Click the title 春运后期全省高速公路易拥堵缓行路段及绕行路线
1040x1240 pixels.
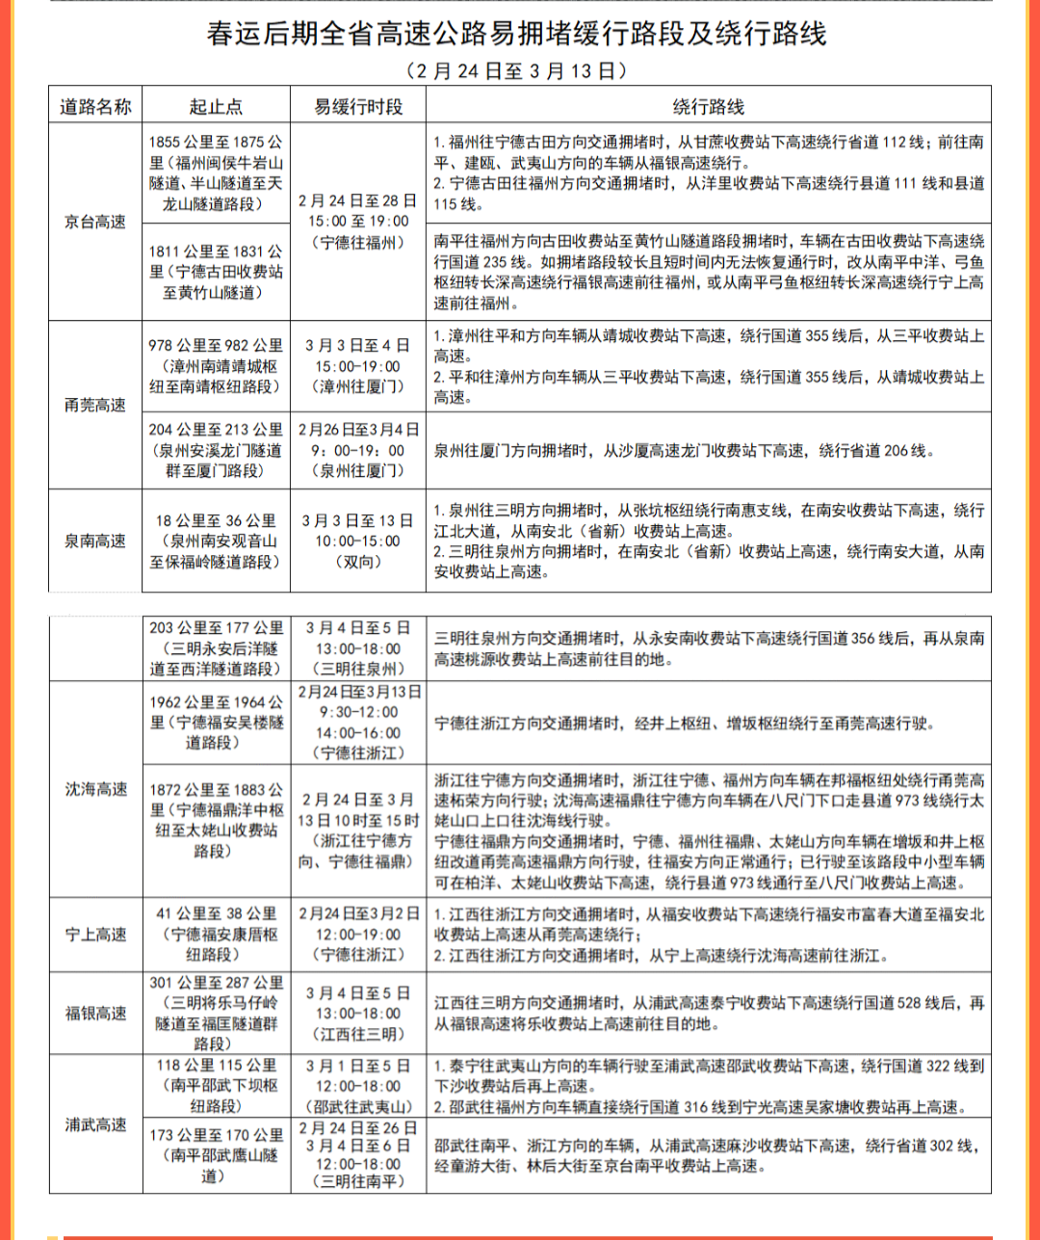tap(517, 35)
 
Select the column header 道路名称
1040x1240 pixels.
tap(95, 106)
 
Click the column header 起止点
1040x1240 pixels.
tap(217, 106)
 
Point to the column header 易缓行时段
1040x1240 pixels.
tap(358, 106)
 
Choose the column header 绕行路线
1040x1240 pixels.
tap(708, 106)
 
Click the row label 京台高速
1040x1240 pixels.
tap(95, 222)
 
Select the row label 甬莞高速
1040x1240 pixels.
tap(95, 405)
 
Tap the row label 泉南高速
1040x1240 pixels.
tap(95, 541)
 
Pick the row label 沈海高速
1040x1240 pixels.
tap(95, 789)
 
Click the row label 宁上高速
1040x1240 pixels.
tap(95, 934)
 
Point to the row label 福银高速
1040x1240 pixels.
tap(95, 1013)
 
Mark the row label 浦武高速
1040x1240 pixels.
tap(95, 1124)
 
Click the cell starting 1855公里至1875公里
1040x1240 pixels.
tap(217, 172)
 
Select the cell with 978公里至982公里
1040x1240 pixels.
tap(217, 365)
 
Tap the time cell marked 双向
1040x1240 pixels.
tap(358, 541)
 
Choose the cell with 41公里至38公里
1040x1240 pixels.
tap(217, 934)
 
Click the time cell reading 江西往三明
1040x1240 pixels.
tap(358, 1013)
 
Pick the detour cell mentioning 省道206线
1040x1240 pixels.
tap(708, 450)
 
